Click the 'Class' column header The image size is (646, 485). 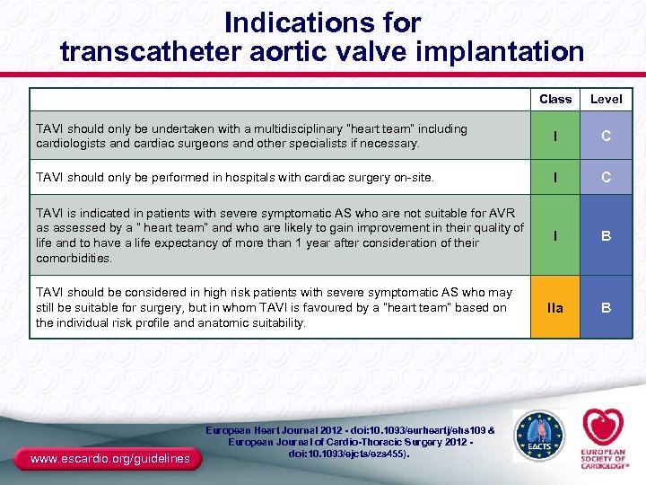point(555,99)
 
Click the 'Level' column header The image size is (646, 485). point(606,99)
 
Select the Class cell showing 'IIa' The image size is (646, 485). point(555,307)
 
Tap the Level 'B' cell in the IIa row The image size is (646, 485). point(607,307)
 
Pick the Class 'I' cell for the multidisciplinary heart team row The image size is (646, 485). point(555,136)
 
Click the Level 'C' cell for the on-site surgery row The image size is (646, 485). point(607,177)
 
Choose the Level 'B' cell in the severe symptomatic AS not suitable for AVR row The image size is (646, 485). point(607,236)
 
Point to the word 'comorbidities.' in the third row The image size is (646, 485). point(74,258)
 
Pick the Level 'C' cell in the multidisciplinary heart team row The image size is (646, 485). point(607,136)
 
